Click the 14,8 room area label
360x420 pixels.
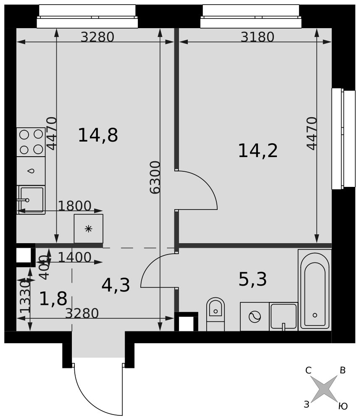pos(98,135)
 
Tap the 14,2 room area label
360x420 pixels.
pos(258,150)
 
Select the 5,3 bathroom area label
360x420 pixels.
pos(252,279)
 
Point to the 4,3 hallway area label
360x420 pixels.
pos(116,285)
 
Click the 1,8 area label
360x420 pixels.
pos(53,299)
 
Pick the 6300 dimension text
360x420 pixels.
pos(155,177)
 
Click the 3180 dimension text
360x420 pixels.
pos(258,37)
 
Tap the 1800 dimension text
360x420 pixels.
pos(75,206)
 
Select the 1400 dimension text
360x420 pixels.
pos(75,257)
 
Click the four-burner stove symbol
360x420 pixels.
pos(31,142)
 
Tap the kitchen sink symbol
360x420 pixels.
pos(31,200)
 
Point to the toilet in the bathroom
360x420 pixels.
pos(215,314)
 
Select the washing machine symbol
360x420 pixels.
pos(255,317)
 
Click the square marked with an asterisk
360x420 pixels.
pos(88,228)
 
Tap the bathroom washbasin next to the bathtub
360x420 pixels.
pos(284,317)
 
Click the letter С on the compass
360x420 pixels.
pos(308,370)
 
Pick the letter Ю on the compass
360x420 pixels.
pos(343,406)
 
